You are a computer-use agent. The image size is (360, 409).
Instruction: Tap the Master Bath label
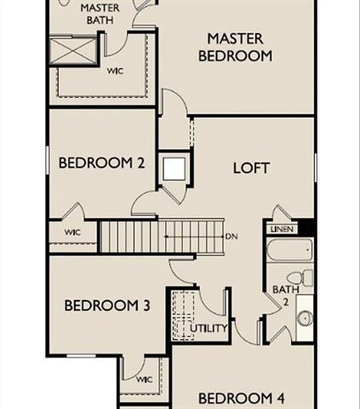tap(100, 14)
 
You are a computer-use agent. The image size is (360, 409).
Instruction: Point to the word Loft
tap(251, 167)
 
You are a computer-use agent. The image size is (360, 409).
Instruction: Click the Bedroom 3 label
tap(101, 306)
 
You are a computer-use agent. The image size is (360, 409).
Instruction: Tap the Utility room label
tap(209, 328)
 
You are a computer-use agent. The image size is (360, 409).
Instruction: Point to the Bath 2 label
tap(282, 295)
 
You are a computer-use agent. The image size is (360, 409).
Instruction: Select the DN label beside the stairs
tap(231, 235)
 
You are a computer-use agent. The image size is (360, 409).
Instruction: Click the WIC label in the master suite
tap(116, 71)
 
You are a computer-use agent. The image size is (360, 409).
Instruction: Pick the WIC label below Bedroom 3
tap(143, 379)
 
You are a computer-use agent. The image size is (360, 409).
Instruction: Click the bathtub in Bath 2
tap(289, 251)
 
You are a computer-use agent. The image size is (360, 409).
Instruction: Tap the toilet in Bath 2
tap(300, 278)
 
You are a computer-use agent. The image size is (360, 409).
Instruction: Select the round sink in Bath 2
tap(304, 318)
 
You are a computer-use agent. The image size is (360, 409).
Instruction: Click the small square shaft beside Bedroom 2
tap(174, 168)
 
